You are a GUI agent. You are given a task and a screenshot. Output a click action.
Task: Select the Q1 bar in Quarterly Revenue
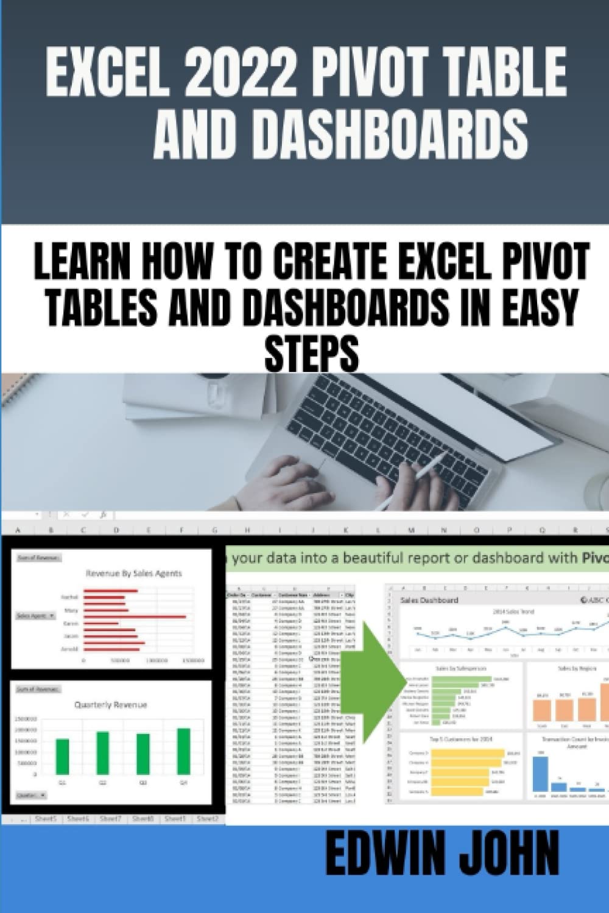pyautogui.click(x=63, y=757)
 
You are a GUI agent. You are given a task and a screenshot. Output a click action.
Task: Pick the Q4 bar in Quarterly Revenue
pyautogui.click(x=183, y=751)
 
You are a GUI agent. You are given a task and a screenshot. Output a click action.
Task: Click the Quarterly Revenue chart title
pyautogui.click(x=110, y=704)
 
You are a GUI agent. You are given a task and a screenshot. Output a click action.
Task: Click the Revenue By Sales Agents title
pyautogui.click(x=134, y=573)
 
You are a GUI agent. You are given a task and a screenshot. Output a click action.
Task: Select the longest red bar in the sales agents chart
pyautogui.click(x=134, y=617)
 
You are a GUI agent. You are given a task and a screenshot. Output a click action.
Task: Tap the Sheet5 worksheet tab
pyautogui.click(x=46, y=819)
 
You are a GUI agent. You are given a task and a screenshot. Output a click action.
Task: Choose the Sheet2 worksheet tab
pyautogui.click(x=208, y=819)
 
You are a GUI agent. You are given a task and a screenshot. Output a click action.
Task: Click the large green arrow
pyautogui.click(x=378, y=682)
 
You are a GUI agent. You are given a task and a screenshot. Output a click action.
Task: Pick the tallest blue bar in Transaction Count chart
pyautogui.click(x=540, y=773)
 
